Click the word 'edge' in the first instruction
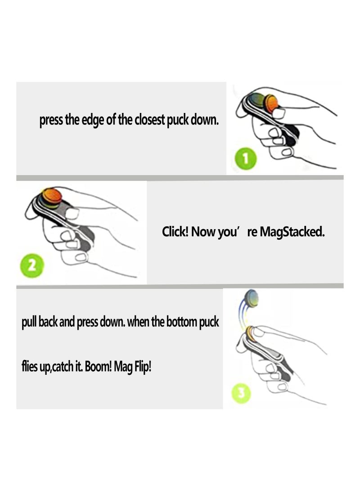coord(95,121)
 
